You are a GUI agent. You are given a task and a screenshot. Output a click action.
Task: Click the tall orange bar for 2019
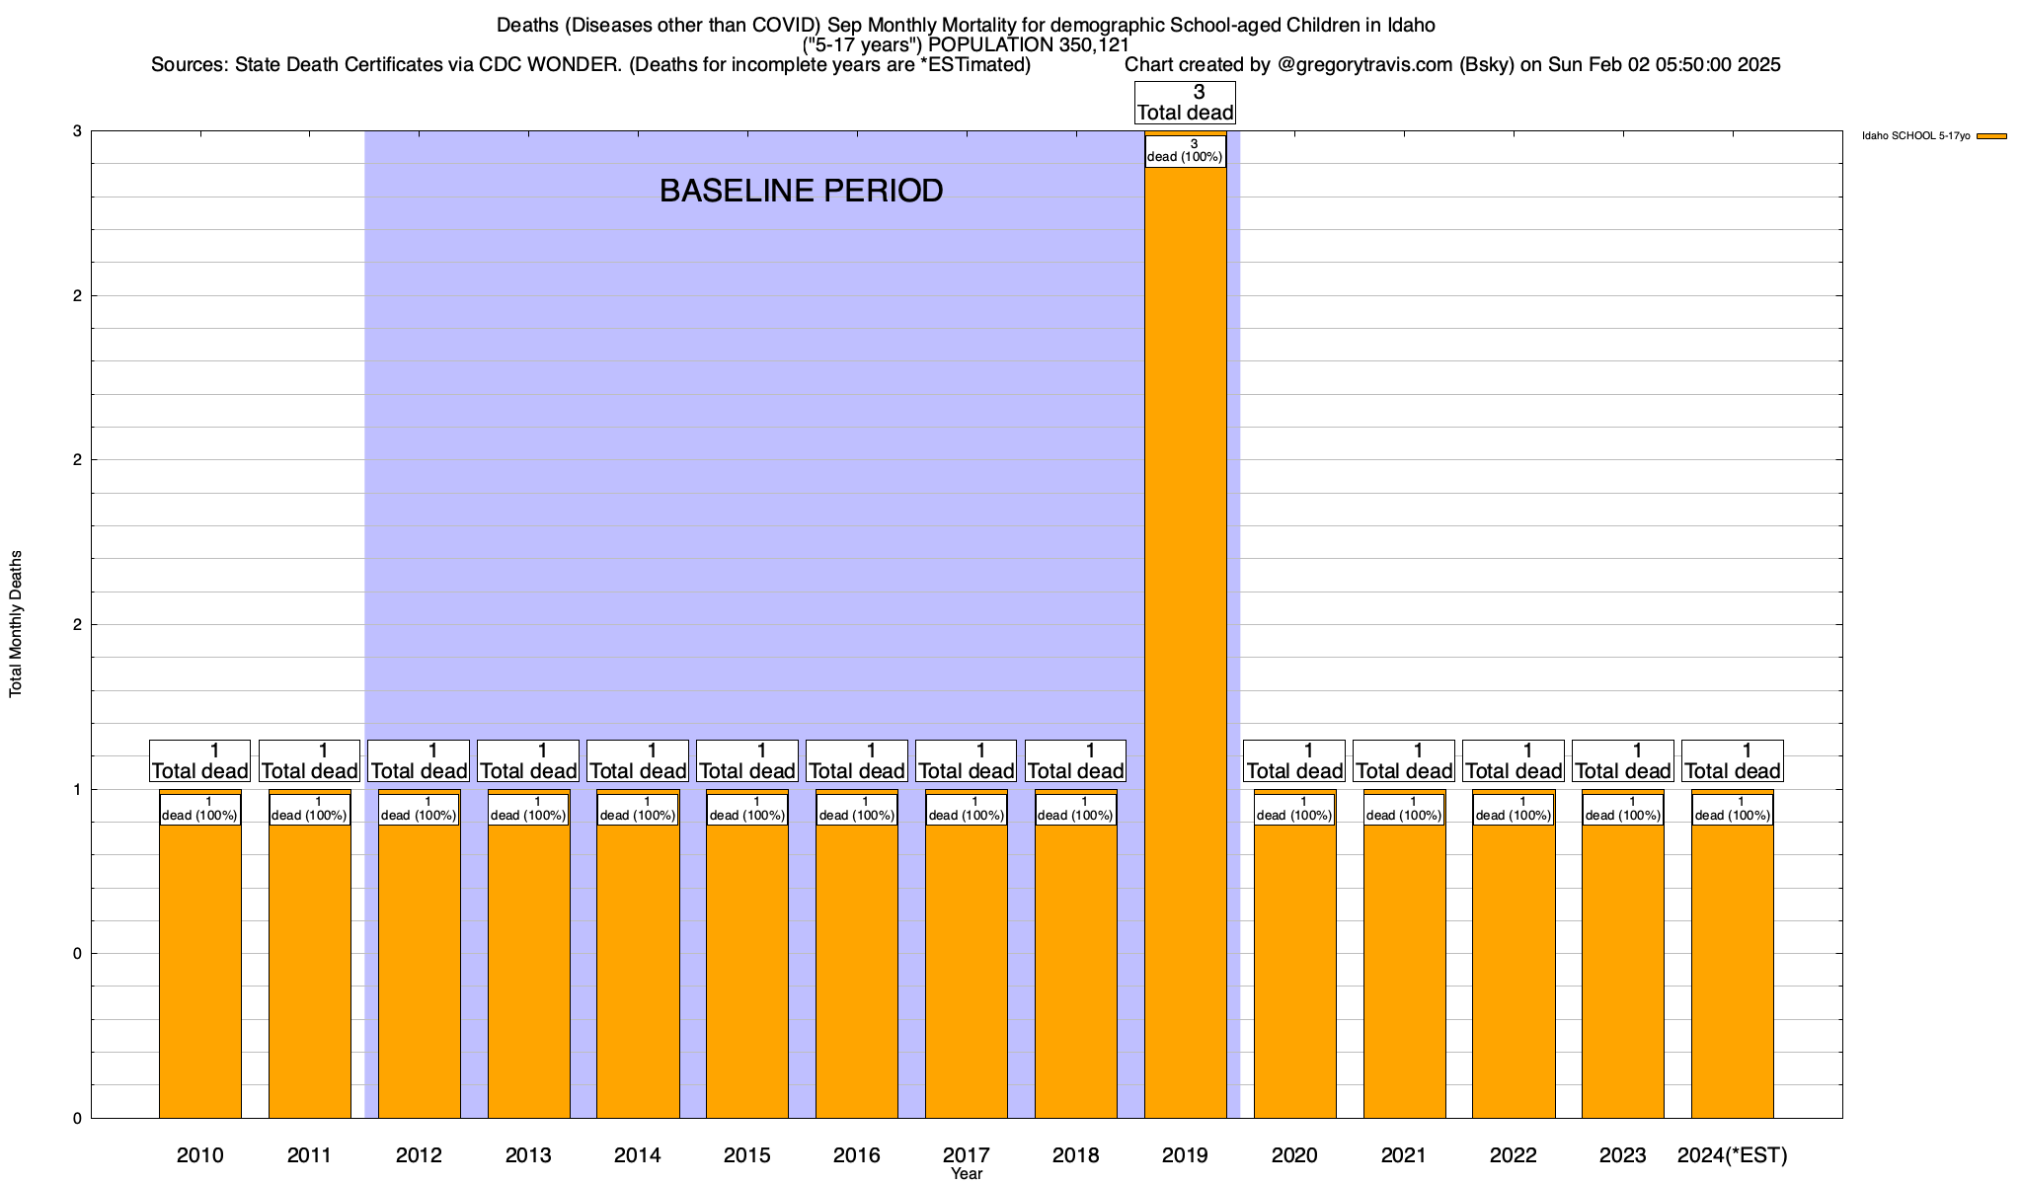[1185, 642]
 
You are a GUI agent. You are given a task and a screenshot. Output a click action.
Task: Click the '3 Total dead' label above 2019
[1185, 103]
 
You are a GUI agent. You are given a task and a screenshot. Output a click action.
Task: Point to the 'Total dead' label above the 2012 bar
[419, 761]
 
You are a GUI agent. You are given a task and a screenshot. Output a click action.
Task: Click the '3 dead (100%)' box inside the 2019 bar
[1185, 151]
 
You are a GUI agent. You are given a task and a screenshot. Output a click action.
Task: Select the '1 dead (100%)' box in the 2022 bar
[1514, 809]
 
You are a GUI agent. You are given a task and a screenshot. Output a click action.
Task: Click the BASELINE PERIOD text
[801, 191]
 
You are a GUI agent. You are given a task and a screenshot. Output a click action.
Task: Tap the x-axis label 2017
[967, 1154]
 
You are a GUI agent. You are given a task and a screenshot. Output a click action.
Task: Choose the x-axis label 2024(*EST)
[1732, 1154]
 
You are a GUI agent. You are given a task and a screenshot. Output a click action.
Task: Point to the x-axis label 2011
[309, 1154]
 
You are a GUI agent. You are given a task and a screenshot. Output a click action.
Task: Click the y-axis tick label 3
[77, 131]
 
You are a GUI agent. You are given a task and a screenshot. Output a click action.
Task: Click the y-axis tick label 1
[77, 789]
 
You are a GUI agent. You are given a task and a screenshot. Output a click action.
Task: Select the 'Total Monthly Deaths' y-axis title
[16, 624]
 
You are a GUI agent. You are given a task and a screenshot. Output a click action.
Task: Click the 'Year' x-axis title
[967, 1174]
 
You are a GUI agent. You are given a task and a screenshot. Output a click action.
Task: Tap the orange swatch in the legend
[1991, 136]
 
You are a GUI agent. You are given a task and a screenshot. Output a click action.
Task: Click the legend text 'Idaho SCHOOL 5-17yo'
[1915, 136]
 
